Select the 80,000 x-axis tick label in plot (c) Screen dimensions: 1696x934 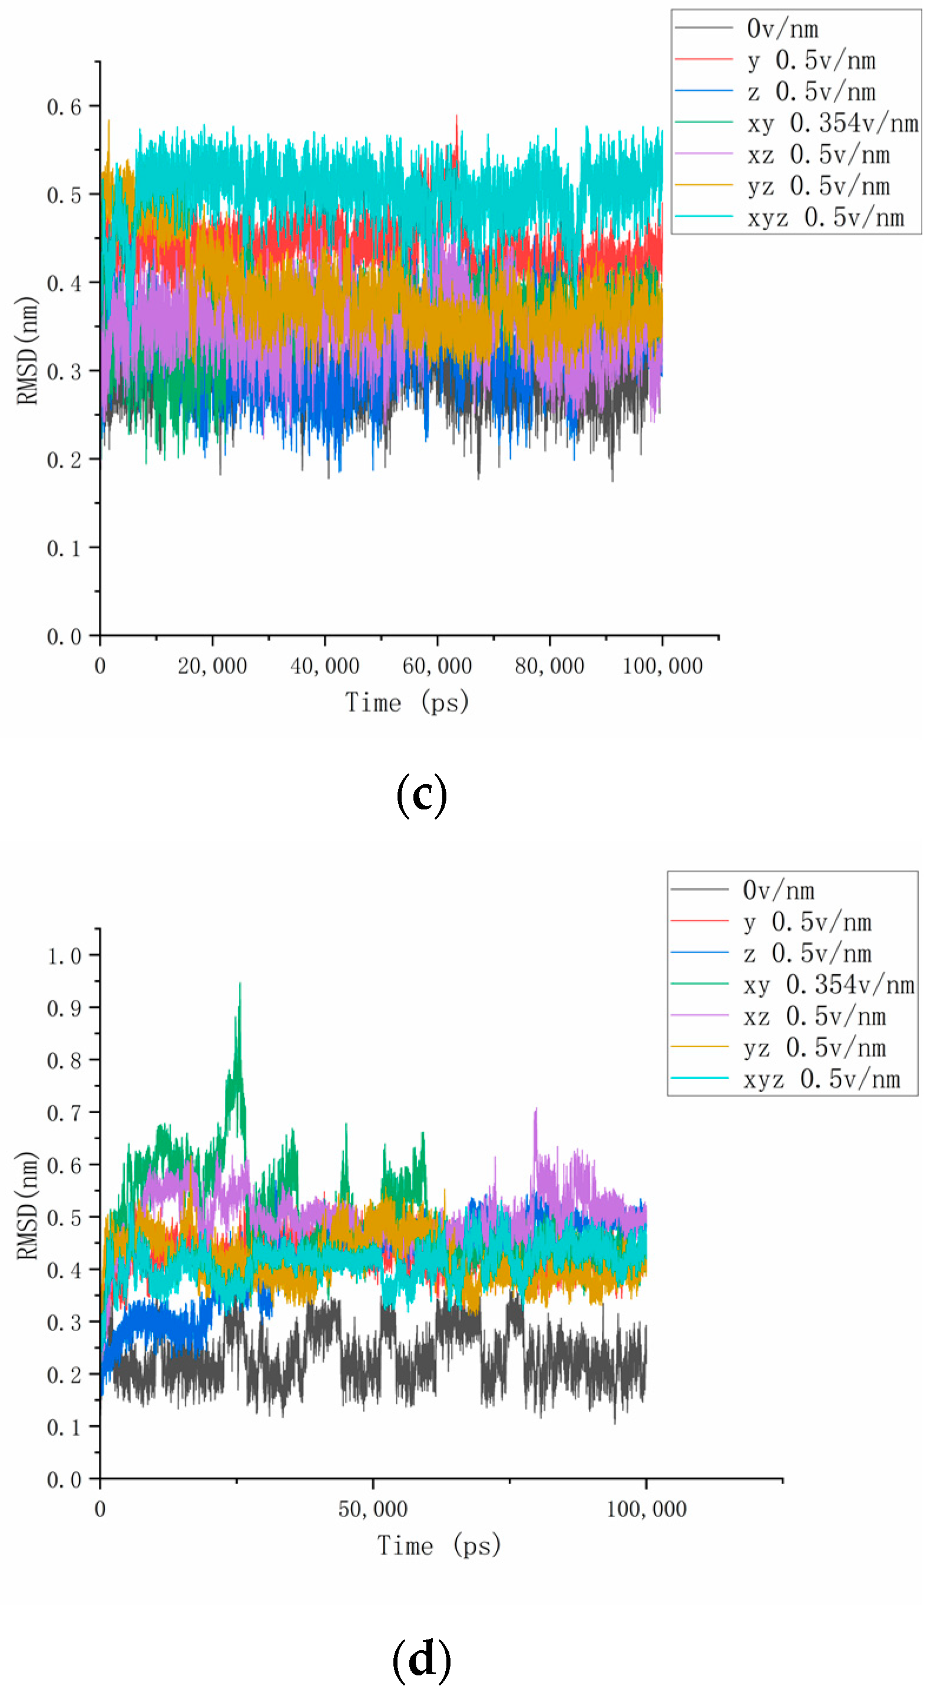point(549,666)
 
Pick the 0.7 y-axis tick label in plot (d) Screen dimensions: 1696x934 point(64,1113)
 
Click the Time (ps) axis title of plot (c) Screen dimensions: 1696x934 point(407,702)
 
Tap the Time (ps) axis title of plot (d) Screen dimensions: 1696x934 point(439,1545)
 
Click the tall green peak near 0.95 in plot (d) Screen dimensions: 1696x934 point(240,985)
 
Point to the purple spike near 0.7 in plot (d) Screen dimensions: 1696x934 point(535,1111)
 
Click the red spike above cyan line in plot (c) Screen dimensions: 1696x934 point(456,118)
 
